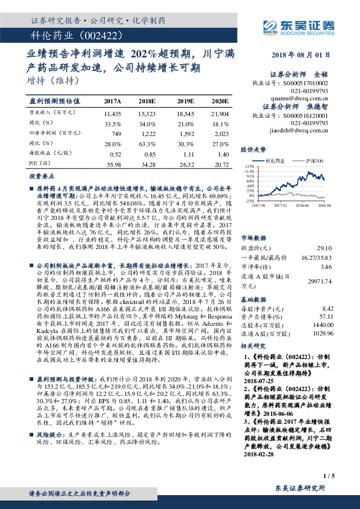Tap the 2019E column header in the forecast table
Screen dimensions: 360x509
tap(186, 101)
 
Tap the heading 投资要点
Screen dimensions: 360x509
tap(42, 177)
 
